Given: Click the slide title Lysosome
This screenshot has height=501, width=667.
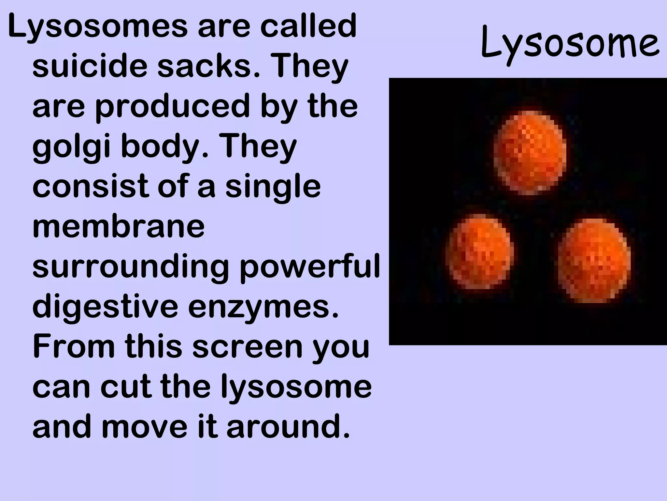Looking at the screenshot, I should [570, 44].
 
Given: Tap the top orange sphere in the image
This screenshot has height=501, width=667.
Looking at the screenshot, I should [530, 152].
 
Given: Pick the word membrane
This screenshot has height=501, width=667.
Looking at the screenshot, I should [119, 226].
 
